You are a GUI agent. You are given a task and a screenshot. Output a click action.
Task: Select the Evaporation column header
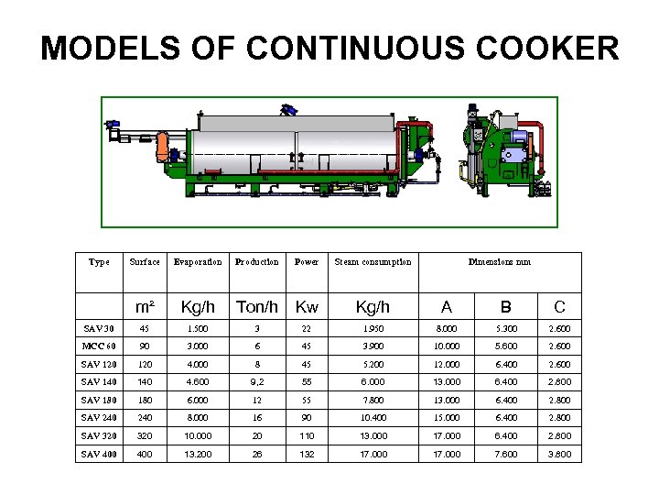pyautogui.click(x=197, y=262)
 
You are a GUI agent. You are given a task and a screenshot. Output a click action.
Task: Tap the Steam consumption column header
pyautogui.click(x=373, y=262)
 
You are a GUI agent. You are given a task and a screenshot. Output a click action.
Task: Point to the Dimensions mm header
pyautogui.click(x=499, y=262)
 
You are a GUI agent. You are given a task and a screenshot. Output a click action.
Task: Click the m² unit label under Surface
pyautogui.click(x=144, y=306)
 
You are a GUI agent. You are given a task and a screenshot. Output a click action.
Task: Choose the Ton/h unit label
pyautogui.click(x=256, y=306)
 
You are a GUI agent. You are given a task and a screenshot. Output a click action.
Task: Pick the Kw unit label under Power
pyautogui.click(x=307, y=306)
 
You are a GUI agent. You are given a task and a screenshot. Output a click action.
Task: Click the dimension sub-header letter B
pyautogui.click(x=505, y=306)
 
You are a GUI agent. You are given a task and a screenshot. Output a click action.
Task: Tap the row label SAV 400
pyautogui.click(x=99, y=454)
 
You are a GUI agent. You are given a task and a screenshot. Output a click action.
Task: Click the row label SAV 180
pyautogui.click(x=99, y=401)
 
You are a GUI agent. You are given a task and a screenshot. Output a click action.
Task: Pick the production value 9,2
pyautogui.click(x=256, y=382)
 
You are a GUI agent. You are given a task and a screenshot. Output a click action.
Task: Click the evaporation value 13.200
pyautogui.click(x=197, y=454)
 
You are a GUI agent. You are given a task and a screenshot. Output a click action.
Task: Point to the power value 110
pyautogui.click(x=307, y=435)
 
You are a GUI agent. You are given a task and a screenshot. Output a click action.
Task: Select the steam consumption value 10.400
pyautogui.click(x=373, y=418)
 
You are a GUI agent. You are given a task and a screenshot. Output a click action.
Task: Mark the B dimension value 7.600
pyautogui.click(x=505, y=454)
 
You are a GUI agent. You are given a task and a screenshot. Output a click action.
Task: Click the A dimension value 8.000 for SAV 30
pyautogui.click(x=447, y=329)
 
